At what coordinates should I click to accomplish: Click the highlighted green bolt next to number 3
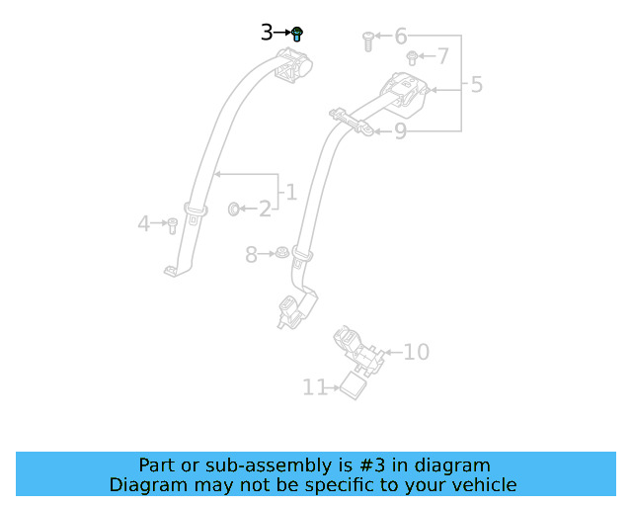297,34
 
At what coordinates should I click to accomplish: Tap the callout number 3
267,33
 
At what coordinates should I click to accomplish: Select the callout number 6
401,37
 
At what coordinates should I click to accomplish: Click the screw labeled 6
367,40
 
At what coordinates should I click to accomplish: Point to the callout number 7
442,56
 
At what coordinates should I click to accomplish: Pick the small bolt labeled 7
414,58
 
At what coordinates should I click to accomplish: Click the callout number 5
477,85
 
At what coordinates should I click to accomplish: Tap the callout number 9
400,130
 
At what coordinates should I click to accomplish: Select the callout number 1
290,191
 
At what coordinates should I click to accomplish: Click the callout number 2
265,209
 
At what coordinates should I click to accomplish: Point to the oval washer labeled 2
235,209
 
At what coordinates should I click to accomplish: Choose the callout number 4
144,224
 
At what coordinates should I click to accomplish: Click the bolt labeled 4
171,225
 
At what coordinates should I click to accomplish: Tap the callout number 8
251,256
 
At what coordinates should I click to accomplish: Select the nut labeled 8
279,253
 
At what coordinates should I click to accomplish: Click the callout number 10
417,352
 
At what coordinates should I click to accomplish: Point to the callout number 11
314,388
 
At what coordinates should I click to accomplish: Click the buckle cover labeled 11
354,385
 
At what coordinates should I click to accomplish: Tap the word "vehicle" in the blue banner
483,484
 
